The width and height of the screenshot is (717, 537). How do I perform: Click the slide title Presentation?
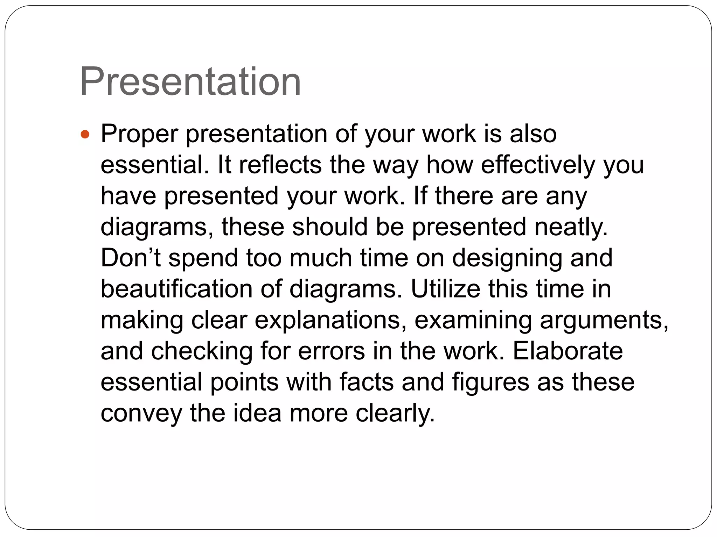tap(190, 83)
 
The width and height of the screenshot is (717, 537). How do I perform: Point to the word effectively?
tap(538, 165)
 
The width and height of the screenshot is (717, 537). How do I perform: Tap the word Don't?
tap(131, 258)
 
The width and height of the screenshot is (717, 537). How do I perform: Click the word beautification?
tap(176, 289)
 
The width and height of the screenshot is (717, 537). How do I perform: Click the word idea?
tap(257, 413)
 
